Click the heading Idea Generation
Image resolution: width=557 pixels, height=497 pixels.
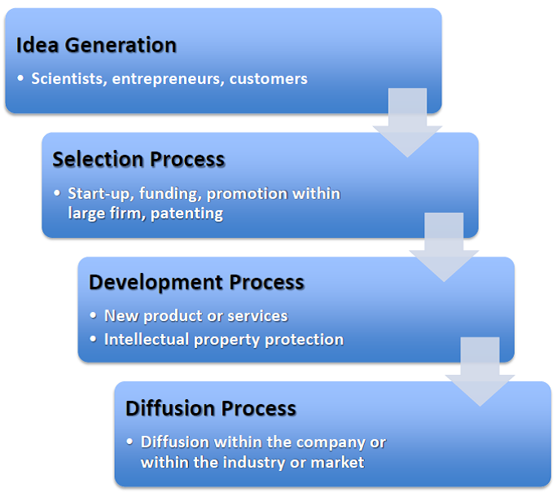coord(96,45)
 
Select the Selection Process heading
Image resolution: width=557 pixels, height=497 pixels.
coord(138,159)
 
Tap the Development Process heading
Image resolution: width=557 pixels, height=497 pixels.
coord(196,283)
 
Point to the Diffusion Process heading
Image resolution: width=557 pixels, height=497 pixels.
coord(211,407)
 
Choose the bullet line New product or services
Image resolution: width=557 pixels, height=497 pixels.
coord(195,315)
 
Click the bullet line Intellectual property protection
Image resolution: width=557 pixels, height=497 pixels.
coord(223,339)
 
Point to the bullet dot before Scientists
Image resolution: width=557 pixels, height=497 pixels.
coord(20,79)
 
